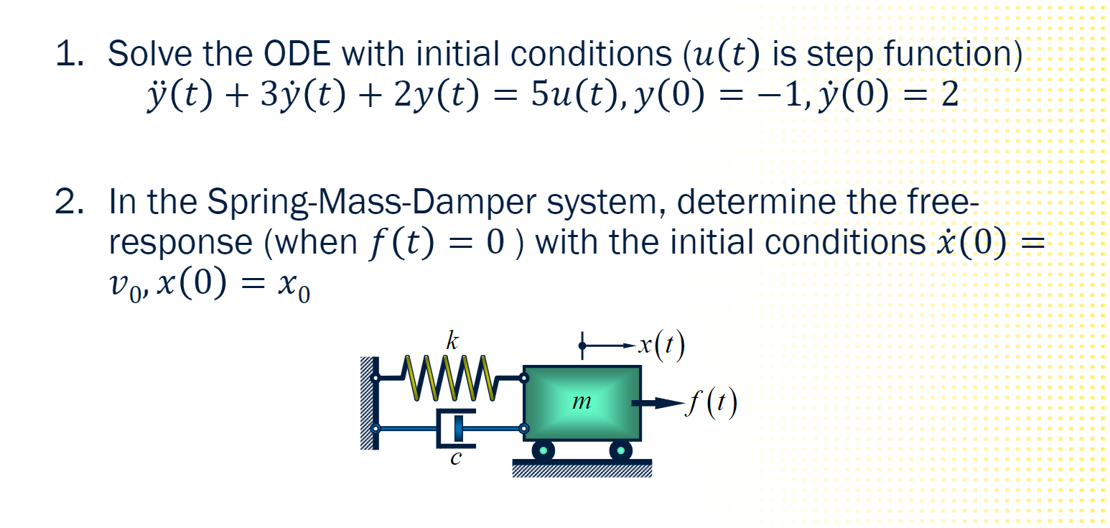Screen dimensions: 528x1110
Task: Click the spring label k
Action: click(x=451, y=342)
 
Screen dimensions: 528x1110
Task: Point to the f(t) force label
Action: click(x=710, y=404)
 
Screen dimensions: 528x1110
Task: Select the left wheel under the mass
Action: click(x=544, y=450)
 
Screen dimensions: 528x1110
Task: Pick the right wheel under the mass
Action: click(x=620, y=450)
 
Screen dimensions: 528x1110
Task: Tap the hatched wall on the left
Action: click(x=368, y=403)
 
